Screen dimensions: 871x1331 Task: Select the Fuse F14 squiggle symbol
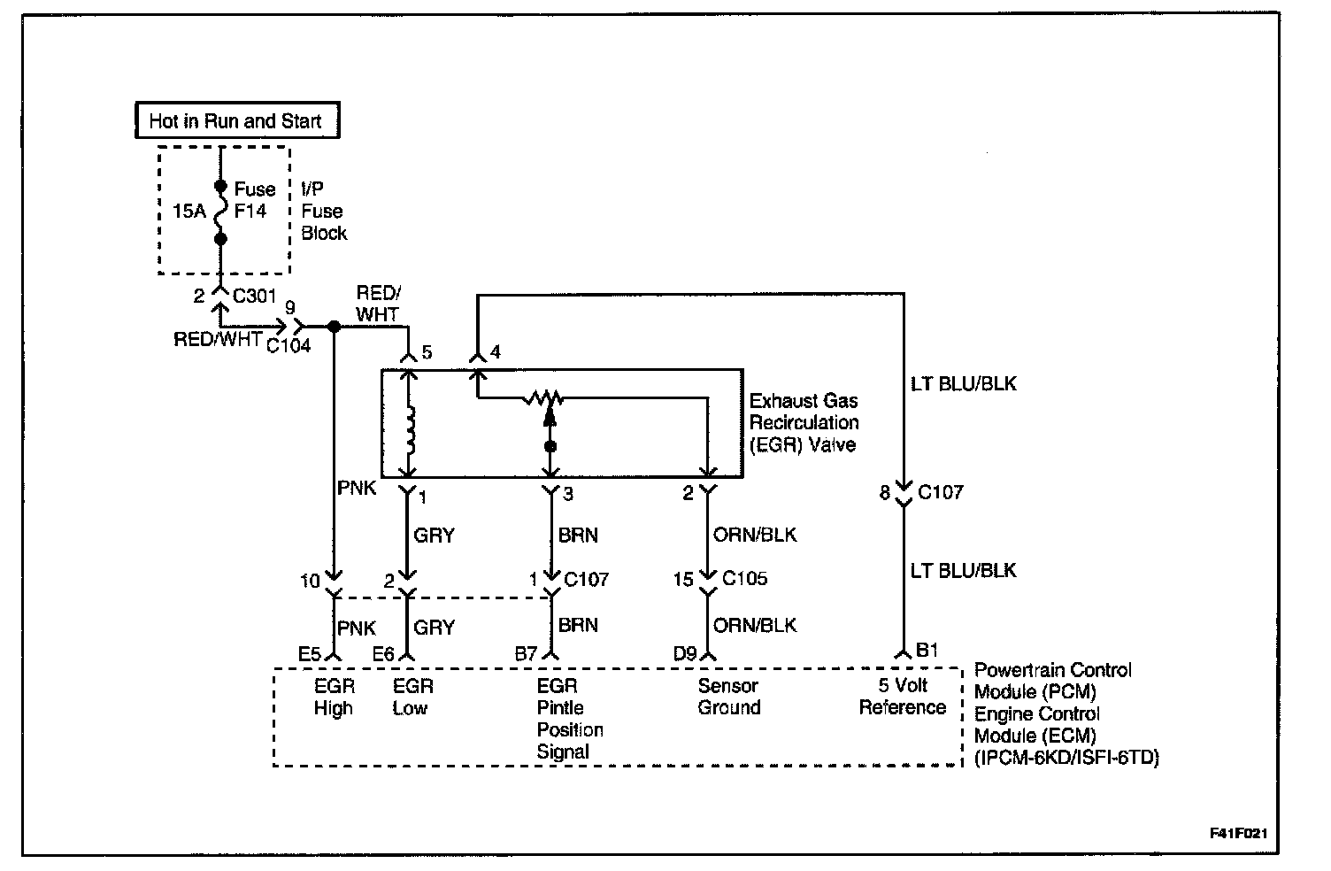[x=220, y=213]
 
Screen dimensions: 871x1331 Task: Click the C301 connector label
[x=255, y=296]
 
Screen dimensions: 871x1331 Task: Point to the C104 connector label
[x=289, y=345]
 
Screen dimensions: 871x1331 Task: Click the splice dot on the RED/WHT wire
[x=334, y=327]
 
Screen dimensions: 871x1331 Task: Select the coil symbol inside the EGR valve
[x=409, y=428]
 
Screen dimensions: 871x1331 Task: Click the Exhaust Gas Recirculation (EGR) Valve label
[x=804, y=422]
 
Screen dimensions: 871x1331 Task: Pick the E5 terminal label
[x=309, y=654]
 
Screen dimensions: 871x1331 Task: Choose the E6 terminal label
[x=383, y=654]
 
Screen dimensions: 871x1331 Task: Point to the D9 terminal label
[x=685, y=654]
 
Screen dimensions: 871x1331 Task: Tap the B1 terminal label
[x=927, y=651]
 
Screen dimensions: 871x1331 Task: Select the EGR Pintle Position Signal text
[x=569, y=719]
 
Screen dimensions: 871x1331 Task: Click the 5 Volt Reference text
[x=903, y=697]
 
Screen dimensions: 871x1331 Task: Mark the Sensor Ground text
[x=728, y=697]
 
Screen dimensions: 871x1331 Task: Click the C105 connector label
[x=745, y=579]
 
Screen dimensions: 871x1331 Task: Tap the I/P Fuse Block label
[x=323, y=212]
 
